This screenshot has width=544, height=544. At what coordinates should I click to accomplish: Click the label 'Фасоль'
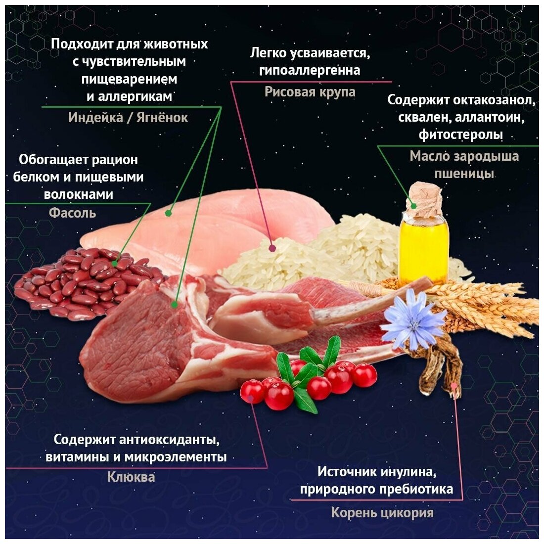[73, 213]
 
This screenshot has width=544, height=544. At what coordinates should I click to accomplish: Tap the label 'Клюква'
[131, 477]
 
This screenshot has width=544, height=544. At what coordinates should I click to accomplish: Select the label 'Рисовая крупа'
[310, 92]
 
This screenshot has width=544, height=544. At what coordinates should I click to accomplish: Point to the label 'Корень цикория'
[382, 513]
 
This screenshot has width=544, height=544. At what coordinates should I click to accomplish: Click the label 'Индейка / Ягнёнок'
[128, 118]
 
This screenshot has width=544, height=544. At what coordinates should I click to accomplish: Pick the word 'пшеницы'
[464, 174]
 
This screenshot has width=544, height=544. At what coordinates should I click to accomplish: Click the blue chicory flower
[413, 318]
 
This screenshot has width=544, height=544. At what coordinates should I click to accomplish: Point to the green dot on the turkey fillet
[168, 213]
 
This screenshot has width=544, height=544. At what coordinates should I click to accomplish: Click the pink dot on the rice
[272, 248]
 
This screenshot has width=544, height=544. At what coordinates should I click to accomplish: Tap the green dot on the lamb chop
[174, 305]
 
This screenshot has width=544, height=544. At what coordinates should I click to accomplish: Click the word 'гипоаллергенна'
[310, 70]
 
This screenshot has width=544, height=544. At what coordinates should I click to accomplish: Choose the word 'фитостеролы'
[461, 135]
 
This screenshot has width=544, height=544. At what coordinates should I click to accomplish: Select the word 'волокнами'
[79, 194]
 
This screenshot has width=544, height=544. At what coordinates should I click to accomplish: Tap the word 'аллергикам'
[130, 96]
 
